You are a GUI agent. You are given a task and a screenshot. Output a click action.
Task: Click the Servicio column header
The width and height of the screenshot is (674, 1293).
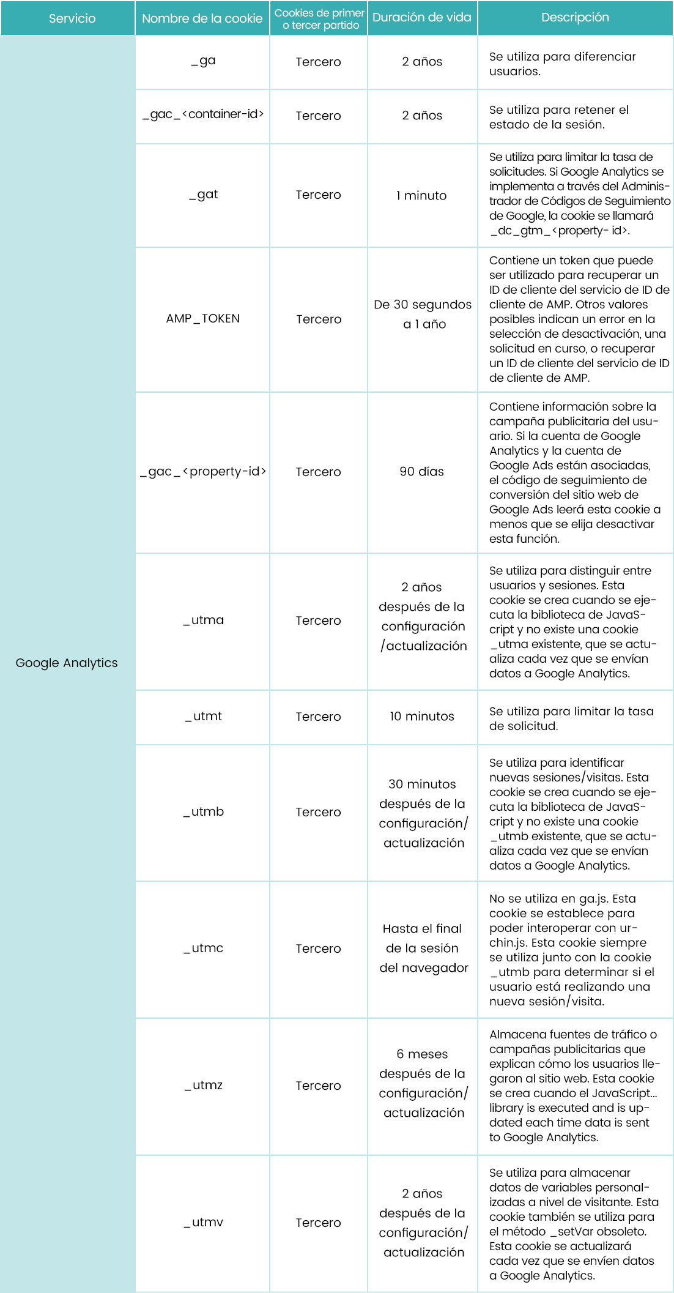pos(72,18)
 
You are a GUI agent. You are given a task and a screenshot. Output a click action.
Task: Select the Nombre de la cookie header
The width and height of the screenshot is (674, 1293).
pos(202,18)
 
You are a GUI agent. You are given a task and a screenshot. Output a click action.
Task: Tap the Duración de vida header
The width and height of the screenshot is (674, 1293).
pos(422,18)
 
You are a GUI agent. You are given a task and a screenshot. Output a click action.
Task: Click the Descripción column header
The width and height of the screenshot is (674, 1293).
pos(575,18)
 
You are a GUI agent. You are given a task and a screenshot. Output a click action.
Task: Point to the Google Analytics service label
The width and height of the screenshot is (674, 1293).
pos(67,663)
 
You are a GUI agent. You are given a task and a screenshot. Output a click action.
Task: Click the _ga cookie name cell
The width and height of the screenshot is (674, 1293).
pos(203,61)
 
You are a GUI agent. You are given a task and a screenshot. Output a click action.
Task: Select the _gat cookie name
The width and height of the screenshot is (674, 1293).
pos(203,195)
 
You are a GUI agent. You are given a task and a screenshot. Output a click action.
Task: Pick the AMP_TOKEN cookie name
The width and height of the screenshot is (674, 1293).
pos(203,319)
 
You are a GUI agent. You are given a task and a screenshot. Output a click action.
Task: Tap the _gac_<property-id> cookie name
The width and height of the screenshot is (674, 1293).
pos(203,472)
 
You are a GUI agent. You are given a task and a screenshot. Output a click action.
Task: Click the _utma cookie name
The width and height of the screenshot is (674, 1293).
pos(203,620)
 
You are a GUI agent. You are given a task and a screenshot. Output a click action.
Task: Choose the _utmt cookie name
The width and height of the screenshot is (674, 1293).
pos(203,717)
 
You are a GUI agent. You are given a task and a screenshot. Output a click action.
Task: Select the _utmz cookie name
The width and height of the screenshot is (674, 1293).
pos(203,1086)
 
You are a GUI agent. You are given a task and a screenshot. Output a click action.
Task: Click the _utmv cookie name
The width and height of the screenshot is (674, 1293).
pos(203,1223)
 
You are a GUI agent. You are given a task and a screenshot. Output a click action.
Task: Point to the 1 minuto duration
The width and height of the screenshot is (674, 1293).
pos(421,196)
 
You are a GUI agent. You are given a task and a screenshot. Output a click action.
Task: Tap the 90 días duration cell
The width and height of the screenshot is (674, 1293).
pos(421,472)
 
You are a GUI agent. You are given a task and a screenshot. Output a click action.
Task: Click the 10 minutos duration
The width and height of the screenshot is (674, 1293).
pos(422,717)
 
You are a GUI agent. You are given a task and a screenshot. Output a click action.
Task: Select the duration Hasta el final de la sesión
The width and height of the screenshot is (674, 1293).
pos(423,948)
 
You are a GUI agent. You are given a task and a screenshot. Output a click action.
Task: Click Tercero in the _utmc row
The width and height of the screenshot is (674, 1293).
pos(318,948)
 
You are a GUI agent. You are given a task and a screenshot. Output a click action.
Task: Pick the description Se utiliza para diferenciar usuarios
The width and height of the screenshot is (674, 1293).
pos(562,64)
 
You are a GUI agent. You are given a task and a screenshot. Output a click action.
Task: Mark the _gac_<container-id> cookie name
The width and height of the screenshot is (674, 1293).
pos(203,114)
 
